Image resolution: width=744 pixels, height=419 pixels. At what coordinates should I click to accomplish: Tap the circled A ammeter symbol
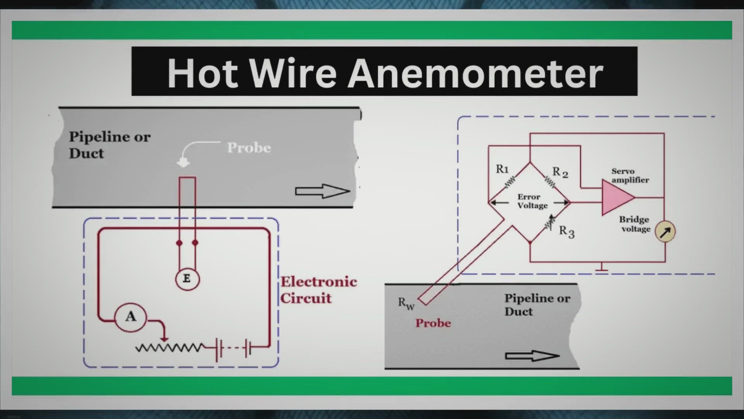(x=131, y=317)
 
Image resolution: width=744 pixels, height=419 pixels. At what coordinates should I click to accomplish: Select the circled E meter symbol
(x=187, y=279)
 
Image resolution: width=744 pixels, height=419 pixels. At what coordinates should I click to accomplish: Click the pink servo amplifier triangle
(x=616, y=197)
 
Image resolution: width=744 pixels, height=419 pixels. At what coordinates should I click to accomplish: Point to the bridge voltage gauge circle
(x=665, y=232)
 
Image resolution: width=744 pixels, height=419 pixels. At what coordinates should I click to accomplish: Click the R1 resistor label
(x=502, y=169)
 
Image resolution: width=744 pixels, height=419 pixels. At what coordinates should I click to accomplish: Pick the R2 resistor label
(x=560, y=172)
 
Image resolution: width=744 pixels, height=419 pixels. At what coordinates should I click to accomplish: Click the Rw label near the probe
(x=406, y=303)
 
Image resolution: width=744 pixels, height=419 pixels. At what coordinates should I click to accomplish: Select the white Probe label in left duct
(x=249, y=148)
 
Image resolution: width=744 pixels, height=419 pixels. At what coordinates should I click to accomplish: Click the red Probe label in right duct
(x=433, y=323)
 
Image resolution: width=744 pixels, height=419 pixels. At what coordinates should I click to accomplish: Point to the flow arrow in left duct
(x=322, y=191)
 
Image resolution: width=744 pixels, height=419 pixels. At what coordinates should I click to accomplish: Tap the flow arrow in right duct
(x=532, y=356)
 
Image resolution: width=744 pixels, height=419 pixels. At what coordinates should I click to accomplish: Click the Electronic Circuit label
(x=318, y=290)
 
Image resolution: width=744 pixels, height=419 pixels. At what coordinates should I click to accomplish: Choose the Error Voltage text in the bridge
(x=532, y=201)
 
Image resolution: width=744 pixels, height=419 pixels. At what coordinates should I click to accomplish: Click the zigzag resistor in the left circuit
(x=169, y=348)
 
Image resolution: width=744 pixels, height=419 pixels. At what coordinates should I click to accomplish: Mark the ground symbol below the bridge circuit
(x=601, y=267)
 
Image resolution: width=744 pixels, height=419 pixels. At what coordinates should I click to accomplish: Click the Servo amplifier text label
(x=630, y=175)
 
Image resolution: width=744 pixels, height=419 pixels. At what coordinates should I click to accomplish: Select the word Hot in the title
(x=202, y=73)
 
